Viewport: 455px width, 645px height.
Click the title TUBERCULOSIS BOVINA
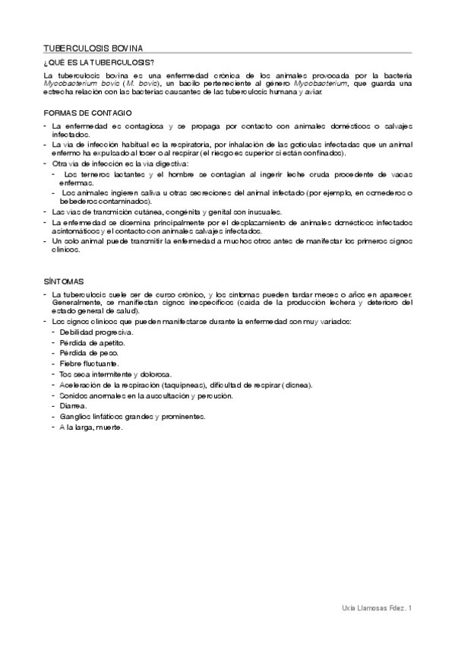click(x=92, y=47)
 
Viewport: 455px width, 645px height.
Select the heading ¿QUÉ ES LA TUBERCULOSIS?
click(x=100, y=62)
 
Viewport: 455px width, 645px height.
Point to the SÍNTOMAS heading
click(x=64, y=281)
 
